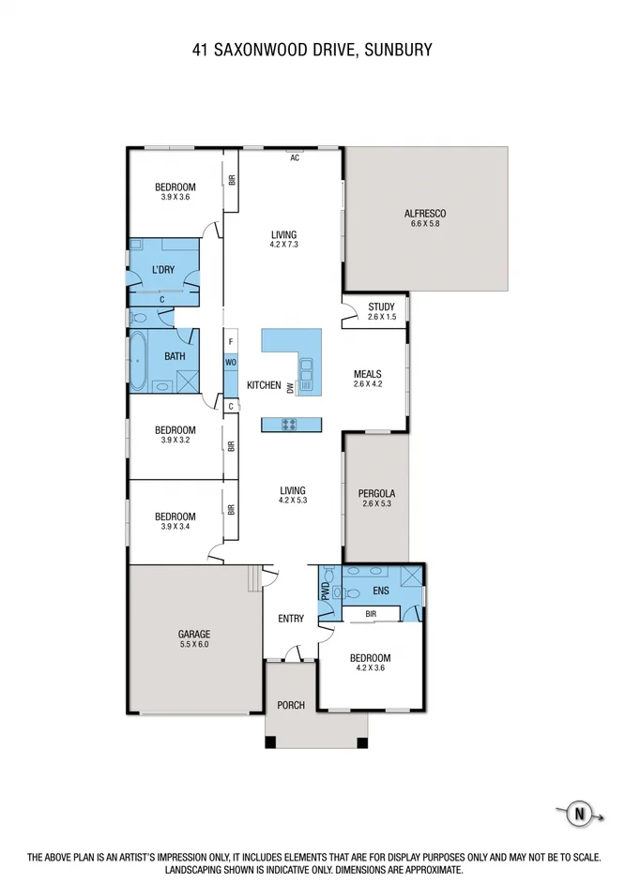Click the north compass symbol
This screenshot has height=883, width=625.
point(579,814)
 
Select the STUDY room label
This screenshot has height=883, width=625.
point(382,307)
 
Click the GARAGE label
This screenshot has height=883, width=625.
point(195,634)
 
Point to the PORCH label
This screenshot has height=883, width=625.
point(291,705)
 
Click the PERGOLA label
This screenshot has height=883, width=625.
point(376,493)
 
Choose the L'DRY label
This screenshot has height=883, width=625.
point(163,271)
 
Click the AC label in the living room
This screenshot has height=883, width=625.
point(294,157)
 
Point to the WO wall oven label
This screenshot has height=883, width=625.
point(230,363)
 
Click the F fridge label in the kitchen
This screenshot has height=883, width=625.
point(230,343)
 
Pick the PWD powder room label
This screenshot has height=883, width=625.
point(325,591)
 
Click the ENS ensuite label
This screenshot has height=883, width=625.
point(381,591)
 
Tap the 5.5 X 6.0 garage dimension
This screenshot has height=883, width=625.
point(195,645)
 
